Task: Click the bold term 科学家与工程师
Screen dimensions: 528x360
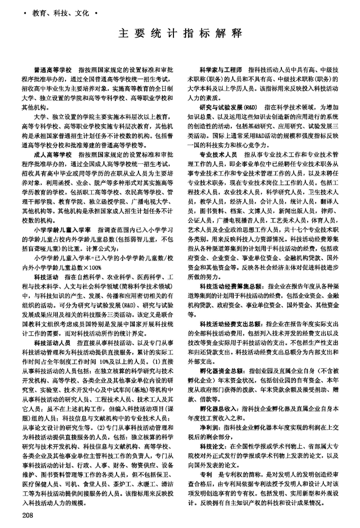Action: [x=221, y=68]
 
